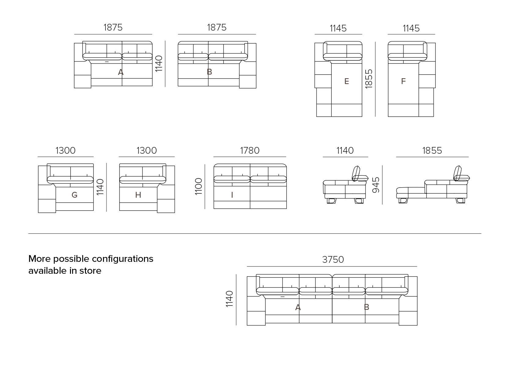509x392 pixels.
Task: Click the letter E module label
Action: tap(346, 81)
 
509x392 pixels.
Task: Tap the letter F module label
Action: tap(403, 81)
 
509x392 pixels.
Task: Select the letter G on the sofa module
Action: tap(74, 195)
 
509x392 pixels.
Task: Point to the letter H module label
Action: tap(138, 195)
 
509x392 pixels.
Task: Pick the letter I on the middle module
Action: tap(232, 195)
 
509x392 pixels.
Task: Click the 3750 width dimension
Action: tap(333, 260)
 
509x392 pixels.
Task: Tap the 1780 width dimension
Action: tap(250, 151)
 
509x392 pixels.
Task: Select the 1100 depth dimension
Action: tap(199, 186)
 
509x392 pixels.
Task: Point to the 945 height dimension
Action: tap(376, 185)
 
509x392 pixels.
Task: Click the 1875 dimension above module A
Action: tap(113, 27)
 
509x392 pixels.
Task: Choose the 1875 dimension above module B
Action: tap(217, 27)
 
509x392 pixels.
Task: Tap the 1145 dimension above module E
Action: tap(338, 28)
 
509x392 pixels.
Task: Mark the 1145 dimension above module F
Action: tap(411, 28)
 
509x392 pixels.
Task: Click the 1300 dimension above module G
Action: tap(65, 151)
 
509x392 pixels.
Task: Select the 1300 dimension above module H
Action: tap(146, 151)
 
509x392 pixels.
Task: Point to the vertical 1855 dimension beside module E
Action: tap(369, 79)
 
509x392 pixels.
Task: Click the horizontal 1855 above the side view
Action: tap(432, 151)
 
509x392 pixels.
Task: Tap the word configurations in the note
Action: tap(123, 259)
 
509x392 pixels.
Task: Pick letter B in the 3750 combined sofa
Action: tap(367, 307)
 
